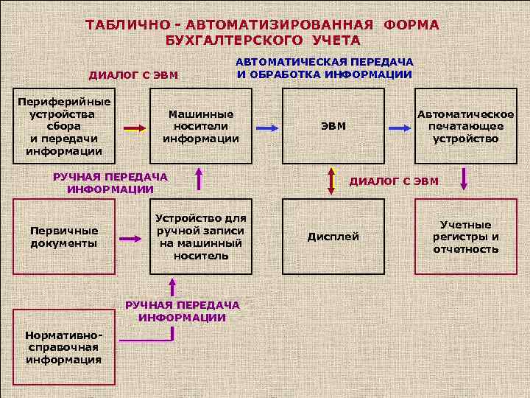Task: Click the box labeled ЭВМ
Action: click(333, 127)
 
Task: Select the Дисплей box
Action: click(333, 237)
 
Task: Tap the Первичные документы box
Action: click(63, 237)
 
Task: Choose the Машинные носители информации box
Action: click(201, 127)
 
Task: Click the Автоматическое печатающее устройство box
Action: click(465, 127)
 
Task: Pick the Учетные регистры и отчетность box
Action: click(465, 237)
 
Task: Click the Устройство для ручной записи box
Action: click(201, 237)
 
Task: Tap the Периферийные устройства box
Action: click(63, 127)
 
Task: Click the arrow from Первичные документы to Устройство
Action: click(130, 238)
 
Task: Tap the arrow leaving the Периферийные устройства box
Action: click(135, 128)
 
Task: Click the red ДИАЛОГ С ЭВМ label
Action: click(393, 181)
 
